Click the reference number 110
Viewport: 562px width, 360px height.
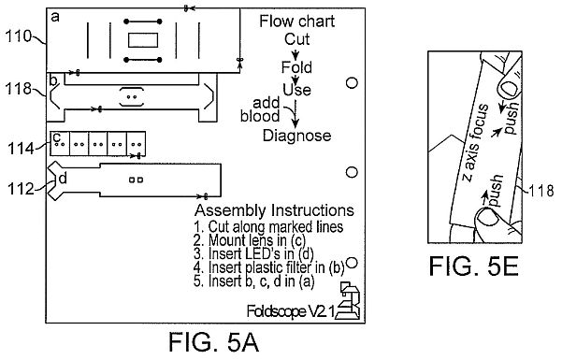tap(19, 36)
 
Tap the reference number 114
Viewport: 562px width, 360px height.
tap(22, 148)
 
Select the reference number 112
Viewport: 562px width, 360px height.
tap(21, 189)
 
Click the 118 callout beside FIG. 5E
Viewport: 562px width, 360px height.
tap(541, 190)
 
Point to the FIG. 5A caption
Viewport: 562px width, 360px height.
tap(213, 341)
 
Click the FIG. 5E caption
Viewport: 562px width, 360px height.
tap(474, 266)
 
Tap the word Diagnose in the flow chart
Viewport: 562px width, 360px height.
tap(296, 136)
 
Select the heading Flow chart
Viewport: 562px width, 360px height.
tap(296, 22)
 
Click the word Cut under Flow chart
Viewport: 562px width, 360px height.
tap(296, 39)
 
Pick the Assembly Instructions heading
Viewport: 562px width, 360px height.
tap(274, 210)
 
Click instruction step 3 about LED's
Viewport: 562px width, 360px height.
tap(253, 253)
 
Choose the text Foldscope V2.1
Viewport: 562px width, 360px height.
tap(291, 311)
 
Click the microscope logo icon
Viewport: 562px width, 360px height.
tap(349, 301)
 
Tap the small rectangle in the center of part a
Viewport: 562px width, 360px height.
tap(143, 40)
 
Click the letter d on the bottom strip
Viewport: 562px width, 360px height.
tap(63, 178)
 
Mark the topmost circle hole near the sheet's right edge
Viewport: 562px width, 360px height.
tap(352, 83)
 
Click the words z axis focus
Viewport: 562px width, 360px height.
tap(474, 143)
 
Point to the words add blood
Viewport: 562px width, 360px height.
tap(261, 109)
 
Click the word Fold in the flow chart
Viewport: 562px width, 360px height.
tap(296, 67)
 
